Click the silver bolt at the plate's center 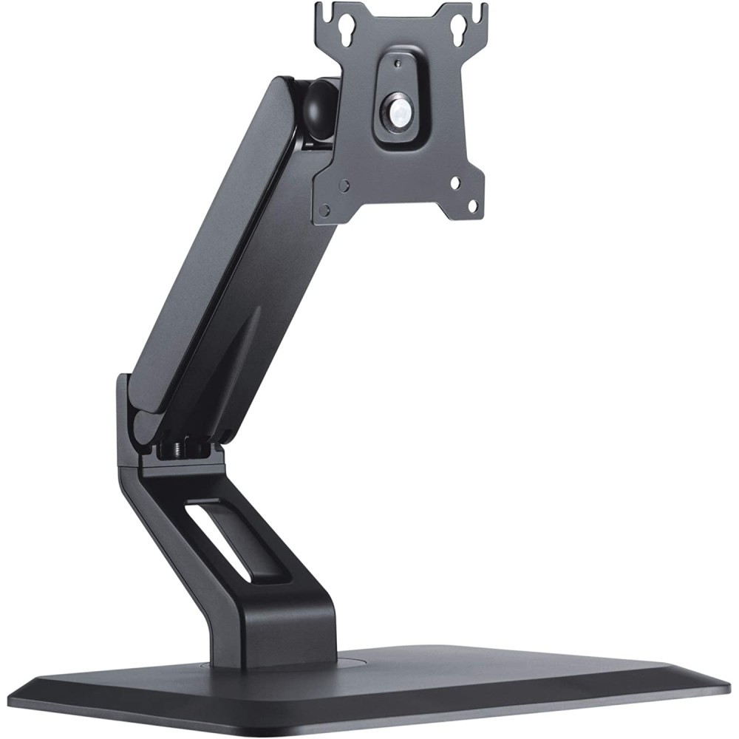[398, 110]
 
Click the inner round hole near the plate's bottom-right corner [454, 180]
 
